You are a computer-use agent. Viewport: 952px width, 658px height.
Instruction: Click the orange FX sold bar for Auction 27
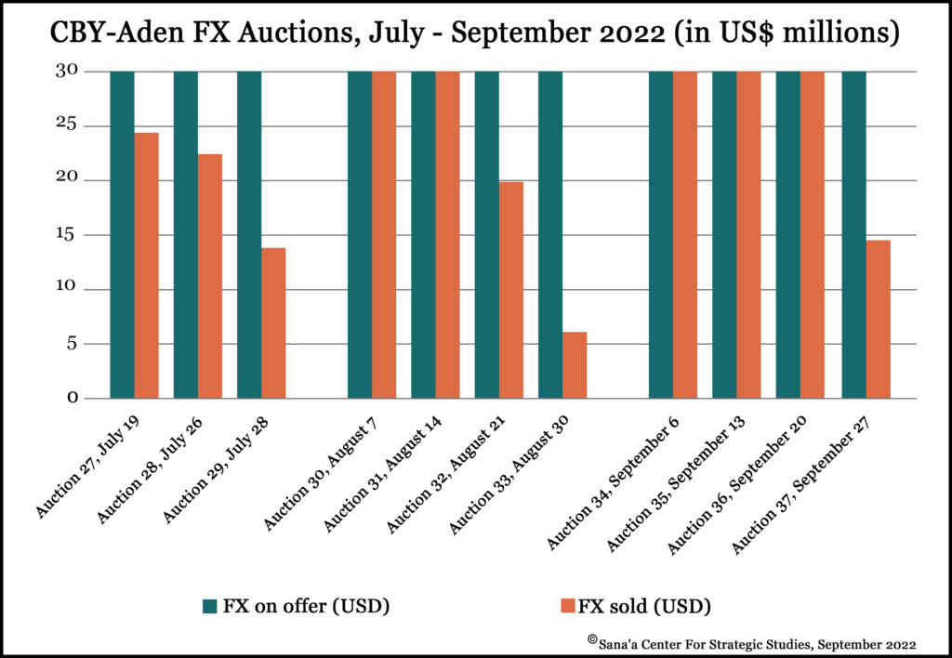(146, 266)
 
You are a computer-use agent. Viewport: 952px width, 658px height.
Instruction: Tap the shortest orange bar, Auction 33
(575, 365)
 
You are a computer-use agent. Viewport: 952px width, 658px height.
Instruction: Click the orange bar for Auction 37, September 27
(878, 320)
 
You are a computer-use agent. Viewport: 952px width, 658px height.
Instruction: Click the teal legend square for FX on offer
(209, 607)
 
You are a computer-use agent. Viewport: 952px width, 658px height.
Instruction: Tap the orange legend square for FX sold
(567, 607)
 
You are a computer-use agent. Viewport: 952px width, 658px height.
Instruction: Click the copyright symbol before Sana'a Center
(591, 639)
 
